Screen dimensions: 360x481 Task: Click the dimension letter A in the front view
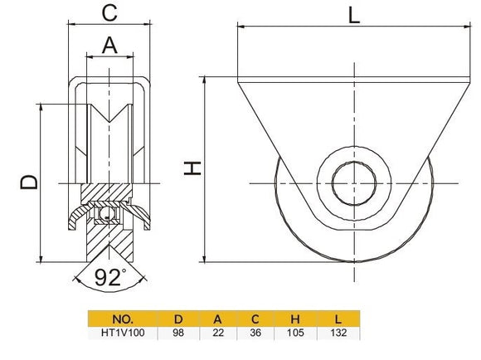(x=109, y=46)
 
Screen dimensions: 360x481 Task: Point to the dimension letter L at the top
(x=354, y=15)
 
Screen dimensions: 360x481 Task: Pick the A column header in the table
(x=217, y=318)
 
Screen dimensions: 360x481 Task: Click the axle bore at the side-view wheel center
(x=354, y=180)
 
